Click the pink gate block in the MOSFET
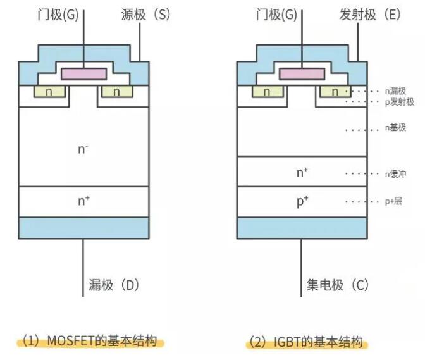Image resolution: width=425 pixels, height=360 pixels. (83, 74)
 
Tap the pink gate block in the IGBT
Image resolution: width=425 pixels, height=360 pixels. (302, 74)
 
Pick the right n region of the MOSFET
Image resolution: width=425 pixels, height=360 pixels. (116, 92)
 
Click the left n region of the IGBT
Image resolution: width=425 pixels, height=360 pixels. (268, 92)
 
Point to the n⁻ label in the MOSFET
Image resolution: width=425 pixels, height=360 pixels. (83, 150)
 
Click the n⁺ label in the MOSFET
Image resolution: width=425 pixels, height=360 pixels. (83, 201)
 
